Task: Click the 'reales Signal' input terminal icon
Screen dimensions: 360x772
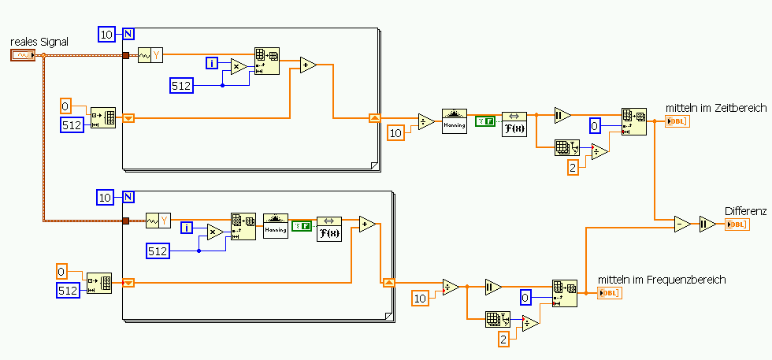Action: point(23,55)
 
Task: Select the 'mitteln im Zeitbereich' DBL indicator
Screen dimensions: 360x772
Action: point(677,121)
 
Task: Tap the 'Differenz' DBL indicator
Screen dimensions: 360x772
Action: point(736,225)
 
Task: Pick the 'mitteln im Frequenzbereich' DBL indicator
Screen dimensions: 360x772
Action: point(609,293)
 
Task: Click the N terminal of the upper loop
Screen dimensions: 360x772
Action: point(128,33)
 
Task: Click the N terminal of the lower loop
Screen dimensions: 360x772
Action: point(128,197)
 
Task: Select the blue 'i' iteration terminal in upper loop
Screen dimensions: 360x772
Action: point(211,63)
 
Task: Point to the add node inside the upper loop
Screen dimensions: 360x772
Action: point(308,65)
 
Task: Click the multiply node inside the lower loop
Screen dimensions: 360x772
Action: point(214,231)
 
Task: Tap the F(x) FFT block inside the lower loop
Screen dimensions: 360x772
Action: point(329,228)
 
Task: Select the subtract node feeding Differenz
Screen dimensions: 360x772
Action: point(681,224)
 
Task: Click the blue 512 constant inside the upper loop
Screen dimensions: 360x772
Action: point(182,85)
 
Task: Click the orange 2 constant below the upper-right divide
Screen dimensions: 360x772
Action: point(573,167)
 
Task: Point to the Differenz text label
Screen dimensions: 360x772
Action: point(744,211)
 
